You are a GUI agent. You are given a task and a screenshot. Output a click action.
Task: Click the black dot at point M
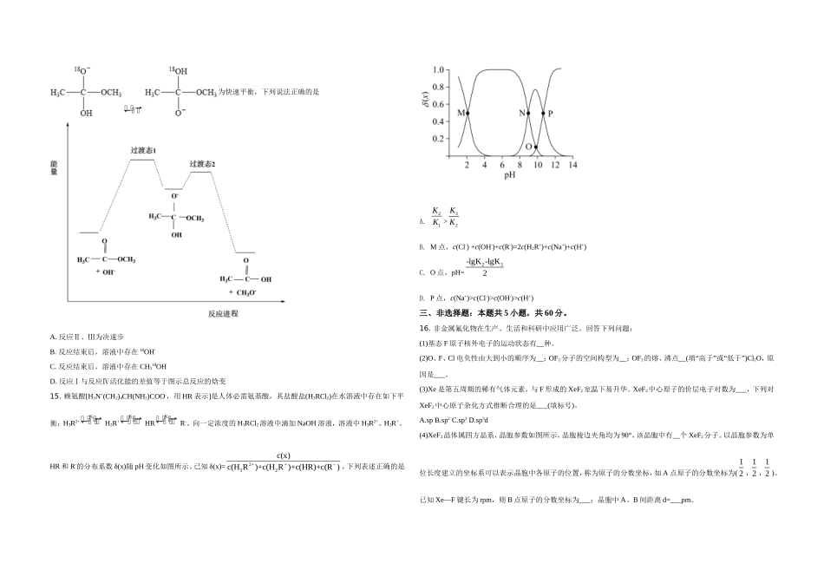(468, 114)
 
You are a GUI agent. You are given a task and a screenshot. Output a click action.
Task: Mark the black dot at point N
(528, 114)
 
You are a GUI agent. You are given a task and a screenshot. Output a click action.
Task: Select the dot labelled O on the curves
(535, 147)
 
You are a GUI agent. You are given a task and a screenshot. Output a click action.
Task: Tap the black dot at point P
(544, 114)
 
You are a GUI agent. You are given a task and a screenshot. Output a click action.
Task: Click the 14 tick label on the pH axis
(573, 165)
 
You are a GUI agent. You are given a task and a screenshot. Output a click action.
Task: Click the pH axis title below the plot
(510, 174)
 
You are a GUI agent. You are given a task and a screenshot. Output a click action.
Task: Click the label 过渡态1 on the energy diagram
(143, 150)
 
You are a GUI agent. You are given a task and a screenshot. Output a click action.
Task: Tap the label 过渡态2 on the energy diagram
(202, 164)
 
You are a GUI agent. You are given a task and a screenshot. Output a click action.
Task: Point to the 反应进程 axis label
(223, 312)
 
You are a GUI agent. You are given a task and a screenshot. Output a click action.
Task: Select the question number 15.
(56, 395)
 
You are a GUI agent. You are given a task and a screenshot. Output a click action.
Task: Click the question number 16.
(424, 328)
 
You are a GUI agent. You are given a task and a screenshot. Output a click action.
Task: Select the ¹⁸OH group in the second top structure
(177, 69)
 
